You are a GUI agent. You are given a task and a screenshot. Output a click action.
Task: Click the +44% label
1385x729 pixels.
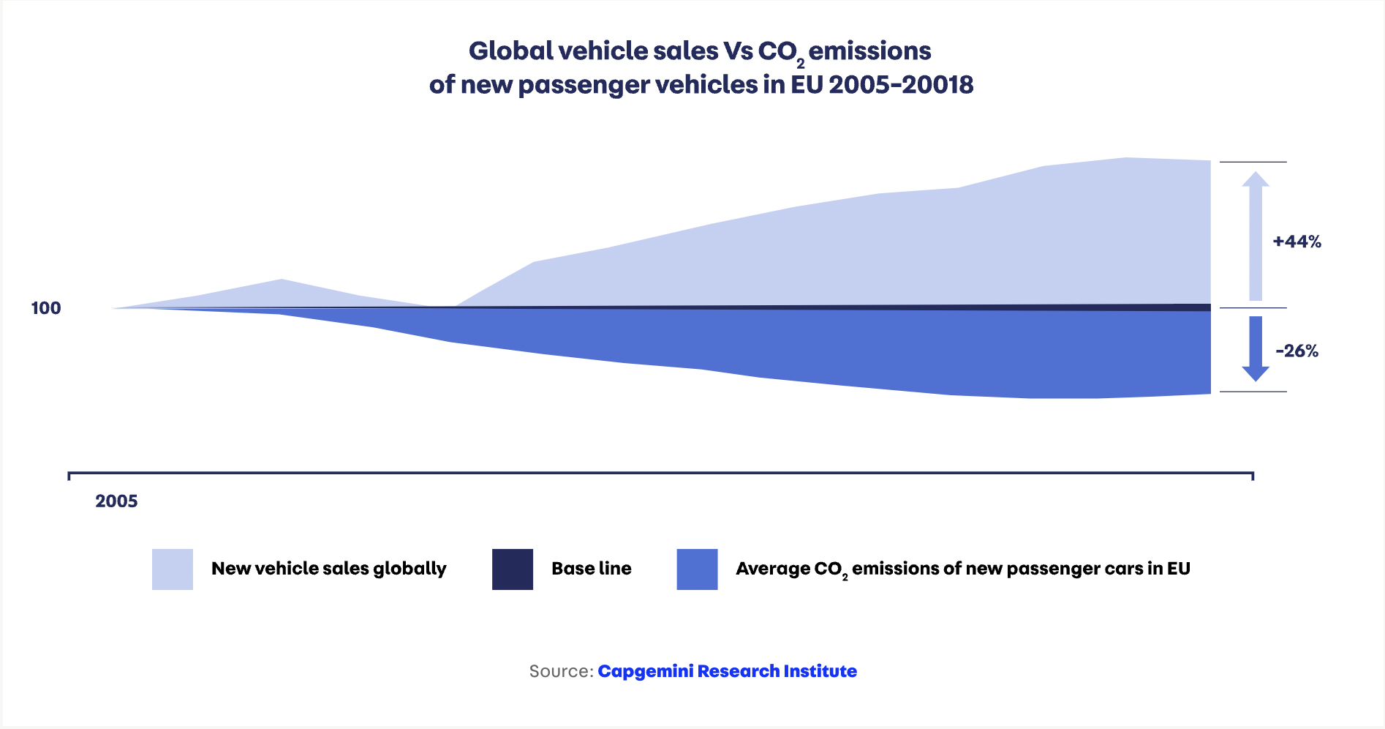point(1297,242)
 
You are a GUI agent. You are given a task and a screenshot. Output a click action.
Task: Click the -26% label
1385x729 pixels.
point(1297,351)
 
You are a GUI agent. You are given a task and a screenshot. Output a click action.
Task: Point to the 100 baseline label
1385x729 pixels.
point(46,308)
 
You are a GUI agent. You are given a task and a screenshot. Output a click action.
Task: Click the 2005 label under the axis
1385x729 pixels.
point(116,501)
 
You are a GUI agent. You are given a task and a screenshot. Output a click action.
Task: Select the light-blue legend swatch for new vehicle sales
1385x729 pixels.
point(173,569)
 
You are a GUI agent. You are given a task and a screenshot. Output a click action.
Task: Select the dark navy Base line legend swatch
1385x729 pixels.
point(513,569)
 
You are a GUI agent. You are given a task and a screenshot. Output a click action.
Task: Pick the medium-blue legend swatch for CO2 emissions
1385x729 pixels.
point(697,569)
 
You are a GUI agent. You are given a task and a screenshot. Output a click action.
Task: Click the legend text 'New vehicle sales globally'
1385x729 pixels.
point(329,569)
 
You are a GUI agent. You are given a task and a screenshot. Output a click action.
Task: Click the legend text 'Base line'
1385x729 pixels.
point(592,569)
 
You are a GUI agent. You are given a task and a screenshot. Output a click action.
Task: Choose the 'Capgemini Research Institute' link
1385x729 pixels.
point(727,671)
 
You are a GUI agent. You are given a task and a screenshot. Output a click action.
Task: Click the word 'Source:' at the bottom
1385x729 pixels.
point(561,671)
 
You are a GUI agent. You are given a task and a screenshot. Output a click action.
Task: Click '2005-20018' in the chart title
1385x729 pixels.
point(901,85)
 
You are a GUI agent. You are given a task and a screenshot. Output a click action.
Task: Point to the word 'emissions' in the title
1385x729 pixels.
point(869,51)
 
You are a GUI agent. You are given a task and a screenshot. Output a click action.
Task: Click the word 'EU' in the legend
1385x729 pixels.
point(1178,569)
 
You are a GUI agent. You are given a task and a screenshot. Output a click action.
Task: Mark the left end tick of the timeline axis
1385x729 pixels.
point(69,476)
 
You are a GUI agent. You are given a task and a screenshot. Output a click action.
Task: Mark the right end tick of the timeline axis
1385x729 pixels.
point(1253,476)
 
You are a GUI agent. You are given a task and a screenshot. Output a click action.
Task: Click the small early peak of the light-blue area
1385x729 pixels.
point(282,281)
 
